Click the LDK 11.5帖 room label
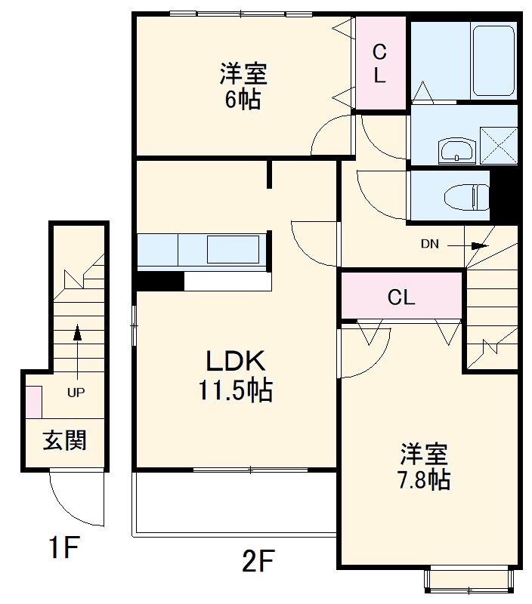click(x=235, y=375)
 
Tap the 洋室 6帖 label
click(x=243, y=87)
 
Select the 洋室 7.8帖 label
click(x=425, y=467)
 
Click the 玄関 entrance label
click(x=63, y=439)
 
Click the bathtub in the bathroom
click(x=493, y=60)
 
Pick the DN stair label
click(x=430, y=244)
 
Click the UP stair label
click(x=76, y=393)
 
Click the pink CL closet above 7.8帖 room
click(x=401, y=297)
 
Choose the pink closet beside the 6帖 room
click(x=381, y=63)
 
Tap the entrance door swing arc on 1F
click(x=72, y=498)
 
